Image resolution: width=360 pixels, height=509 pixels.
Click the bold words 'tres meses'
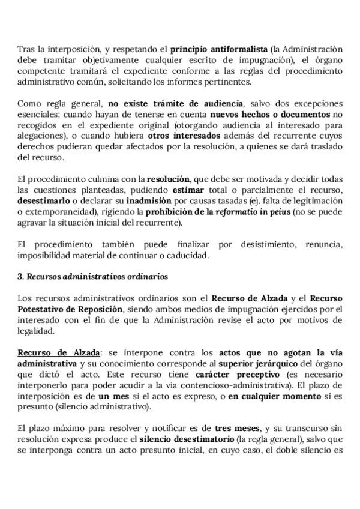point(237,428)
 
